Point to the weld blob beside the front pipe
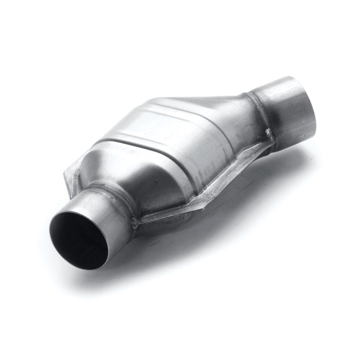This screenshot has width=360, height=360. tap(134, 222)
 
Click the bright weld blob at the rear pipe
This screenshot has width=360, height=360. tap(269, 133)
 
